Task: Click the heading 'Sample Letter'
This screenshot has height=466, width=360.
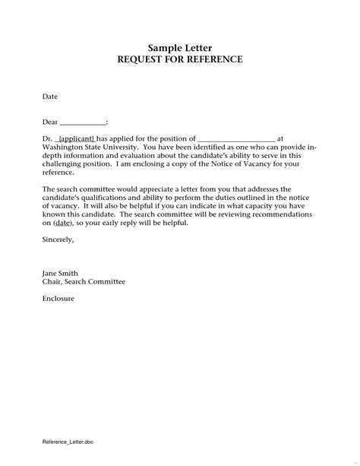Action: click(179, 47)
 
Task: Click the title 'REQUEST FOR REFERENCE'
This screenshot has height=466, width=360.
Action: click(179, 59)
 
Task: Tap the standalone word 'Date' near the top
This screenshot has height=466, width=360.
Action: click(49, 97)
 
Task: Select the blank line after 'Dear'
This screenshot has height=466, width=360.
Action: click(82, 122)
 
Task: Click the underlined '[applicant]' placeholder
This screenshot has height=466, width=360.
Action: click(76, 138)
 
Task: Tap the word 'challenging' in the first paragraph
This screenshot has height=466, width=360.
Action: click(64, 163)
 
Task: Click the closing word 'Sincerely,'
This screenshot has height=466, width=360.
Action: click(58, 239)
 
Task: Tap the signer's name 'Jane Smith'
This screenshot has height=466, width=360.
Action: click(61, 273)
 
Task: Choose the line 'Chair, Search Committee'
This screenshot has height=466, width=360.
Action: click(84, 281)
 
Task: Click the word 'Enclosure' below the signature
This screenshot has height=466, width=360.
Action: click(60, 298)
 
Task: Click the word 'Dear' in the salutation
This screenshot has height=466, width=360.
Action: click(49, 122)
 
